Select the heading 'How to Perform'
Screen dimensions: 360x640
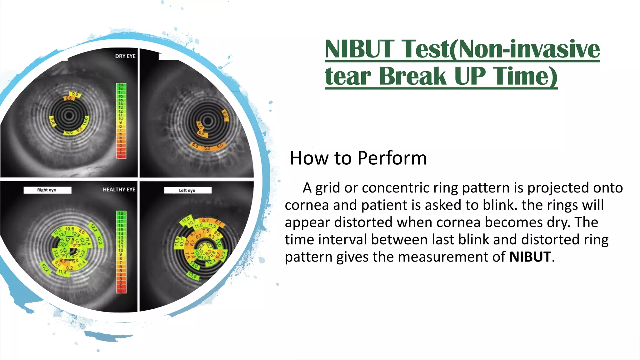358,158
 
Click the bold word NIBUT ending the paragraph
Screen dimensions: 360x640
530,257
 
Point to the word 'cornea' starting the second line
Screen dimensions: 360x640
307,205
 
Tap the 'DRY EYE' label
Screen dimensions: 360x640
125,56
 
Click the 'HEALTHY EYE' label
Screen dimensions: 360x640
119,189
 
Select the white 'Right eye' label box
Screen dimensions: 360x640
47,190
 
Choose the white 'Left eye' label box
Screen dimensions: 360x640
187,190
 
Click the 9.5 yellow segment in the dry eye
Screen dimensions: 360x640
75,94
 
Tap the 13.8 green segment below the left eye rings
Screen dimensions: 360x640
193,276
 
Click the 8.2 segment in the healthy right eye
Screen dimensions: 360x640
69,268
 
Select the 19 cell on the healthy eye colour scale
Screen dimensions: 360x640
121,213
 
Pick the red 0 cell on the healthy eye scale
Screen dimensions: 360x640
121,291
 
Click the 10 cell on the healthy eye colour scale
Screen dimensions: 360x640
121,250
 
